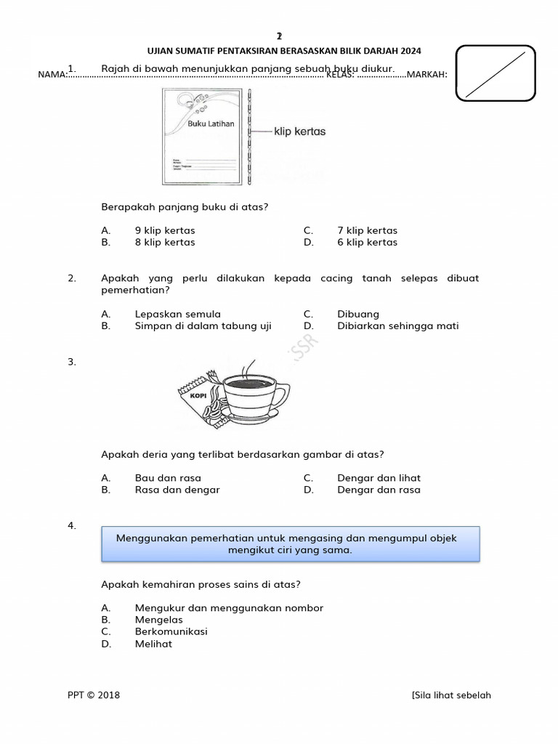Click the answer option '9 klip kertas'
pos(164,230)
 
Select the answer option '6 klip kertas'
pos(367,242)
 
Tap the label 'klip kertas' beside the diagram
pos(299,132)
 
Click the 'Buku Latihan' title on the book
pos(211,124)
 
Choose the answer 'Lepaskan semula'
pos(177,314)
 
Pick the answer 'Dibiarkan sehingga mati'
pos(397,325)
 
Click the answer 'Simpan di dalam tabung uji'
pos(203,325)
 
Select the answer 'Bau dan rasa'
pos(168,477)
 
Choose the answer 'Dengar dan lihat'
pos(379,477)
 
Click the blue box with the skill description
pos(290,544)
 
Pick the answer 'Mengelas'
pos(158,620)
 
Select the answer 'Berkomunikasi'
pos(171,631)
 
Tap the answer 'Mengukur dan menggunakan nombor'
pos(229,607)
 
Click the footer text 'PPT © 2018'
pos(94,695)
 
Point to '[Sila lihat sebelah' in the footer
pos(450,695)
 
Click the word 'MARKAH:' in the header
pos(427,74)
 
